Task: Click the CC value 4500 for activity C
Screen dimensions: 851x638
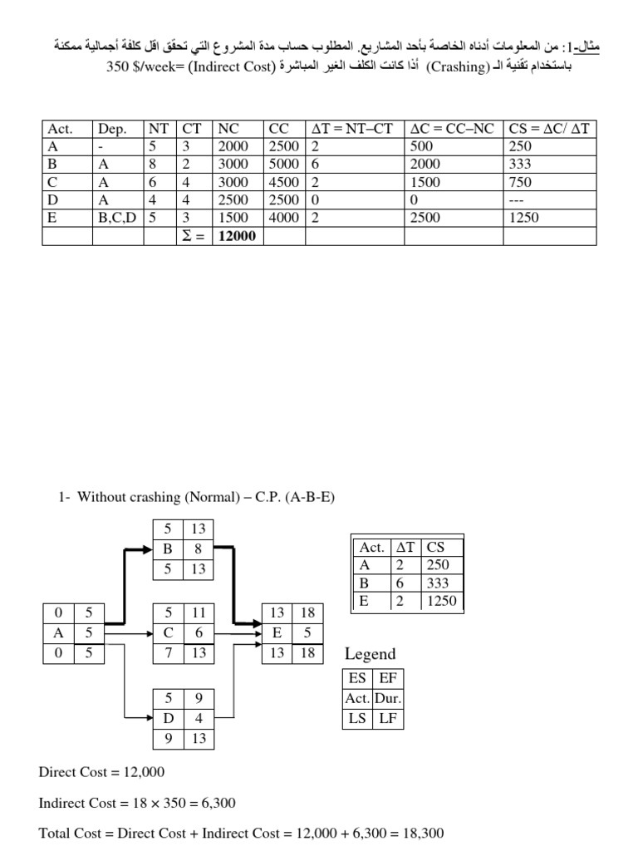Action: pos(285,182)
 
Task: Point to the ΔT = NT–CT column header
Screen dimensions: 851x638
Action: pos(355,129)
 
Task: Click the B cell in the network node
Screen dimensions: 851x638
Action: pos(168,548)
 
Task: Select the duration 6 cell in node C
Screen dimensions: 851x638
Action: pos(199,633)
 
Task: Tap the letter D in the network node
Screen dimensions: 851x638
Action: pos(168,717)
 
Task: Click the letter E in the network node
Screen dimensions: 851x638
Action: pos(277,633)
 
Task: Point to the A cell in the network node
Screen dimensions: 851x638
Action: pos(58,633)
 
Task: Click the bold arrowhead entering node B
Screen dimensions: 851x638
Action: pos(147,548)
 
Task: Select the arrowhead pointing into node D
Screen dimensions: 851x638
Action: pos(148,717)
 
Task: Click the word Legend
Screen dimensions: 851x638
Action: pos(370,654)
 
